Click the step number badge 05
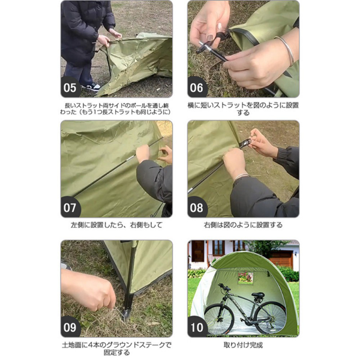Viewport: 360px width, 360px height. [x=71, y=88]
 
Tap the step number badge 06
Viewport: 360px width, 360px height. [x=198, y=88]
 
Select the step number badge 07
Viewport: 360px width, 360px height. [x=71, y=207]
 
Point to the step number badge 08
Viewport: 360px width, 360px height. [x=198, y=207]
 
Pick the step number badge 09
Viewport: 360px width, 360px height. [x=71, y=327]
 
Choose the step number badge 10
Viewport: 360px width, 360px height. [x=198, y=327]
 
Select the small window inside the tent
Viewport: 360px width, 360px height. [x=245, y=277]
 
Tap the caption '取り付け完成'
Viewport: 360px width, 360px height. [x=243, y=345]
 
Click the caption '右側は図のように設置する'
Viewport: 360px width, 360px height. [x=243, y=225]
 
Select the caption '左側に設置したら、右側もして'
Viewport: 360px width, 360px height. [x=116, y=225]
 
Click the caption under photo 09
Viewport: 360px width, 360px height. [x=116, y=349]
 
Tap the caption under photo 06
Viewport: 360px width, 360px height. [x=243, y=109]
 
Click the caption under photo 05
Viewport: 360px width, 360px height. [x=116, y=109]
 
